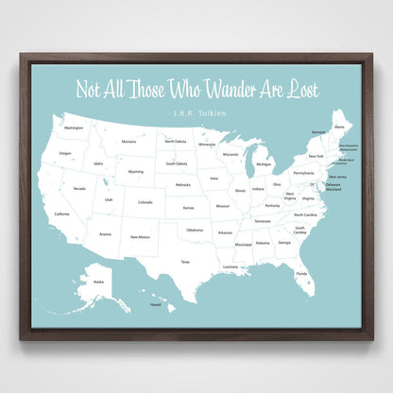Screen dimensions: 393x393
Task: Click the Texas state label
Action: (186, 262)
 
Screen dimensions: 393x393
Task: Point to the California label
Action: (61, 214)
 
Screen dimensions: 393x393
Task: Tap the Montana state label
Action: (128, 142)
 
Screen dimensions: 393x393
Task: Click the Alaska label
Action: (97, 281)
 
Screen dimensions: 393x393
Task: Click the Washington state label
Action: (74, 128)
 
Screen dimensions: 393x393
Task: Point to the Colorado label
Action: (145, 201)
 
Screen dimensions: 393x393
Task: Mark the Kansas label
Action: (189, 207)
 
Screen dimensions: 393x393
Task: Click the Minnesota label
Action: (207, 145)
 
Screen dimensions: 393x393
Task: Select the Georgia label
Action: (284, 243)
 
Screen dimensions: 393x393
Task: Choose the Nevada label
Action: (79, 188)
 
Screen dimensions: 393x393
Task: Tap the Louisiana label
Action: (231, 266)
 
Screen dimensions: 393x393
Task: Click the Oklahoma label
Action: (194, 230)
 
